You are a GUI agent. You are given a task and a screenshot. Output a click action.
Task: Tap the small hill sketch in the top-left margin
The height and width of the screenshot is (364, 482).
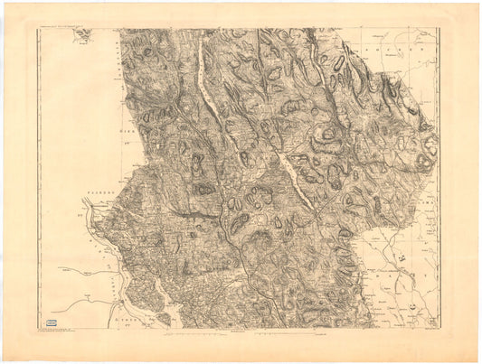tap(84, 34)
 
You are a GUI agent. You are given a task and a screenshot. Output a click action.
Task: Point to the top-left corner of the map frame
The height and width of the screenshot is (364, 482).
tap(38, 29)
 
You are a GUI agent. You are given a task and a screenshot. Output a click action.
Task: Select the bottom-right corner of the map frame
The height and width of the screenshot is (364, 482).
tap(440, 329)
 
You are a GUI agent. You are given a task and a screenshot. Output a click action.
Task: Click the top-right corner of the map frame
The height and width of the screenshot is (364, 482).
tap(440, 29)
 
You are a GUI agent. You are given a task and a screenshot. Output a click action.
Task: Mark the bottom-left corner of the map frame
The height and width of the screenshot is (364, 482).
tap(38, 329)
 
